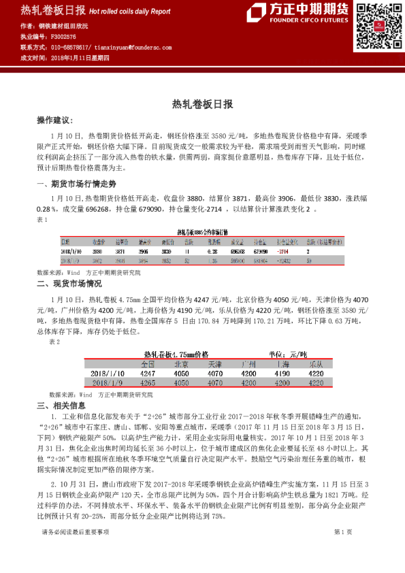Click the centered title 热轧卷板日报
coord(202,104)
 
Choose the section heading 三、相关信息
coord(61,406)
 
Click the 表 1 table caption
coord(42,220)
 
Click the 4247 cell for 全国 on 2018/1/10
coord(148,374)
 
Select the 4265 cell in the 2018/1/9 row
coord(148,383)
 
